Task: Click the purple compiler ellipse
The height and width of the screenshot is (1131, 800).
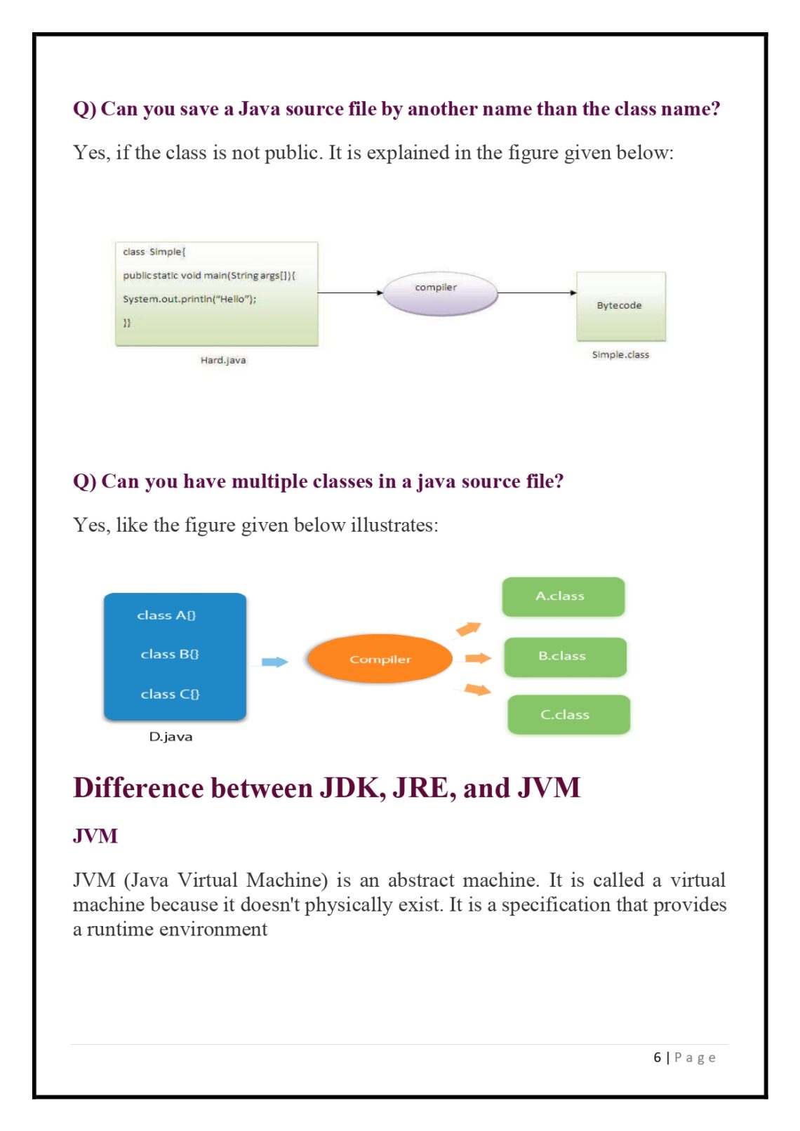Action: (440, 293)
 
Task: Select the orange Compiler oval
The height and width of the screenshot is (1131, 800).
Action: (380, 659)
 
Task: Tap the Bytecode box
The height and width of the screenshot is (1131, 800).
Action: (620, 306)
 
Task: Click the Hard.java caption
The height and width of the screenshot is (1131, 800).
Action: (223, 360)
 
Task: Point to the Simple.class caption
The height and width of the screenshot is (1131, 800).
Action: (620, 355)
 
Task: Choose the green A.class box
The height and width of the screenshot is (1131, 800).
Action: (563, 596)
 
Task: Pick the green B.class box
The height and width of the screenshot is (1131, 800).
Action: (565, 657)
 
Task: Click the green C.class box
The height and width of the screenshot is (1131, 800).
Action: (568, 714)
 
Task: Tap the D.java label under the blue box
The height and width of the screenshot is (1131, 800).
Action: (171, 737)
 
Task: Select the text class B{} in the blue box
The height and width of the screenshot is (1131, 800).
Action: (170, 654)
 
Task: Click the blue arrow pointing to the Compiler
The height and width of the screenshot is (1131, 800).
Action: (274, 662)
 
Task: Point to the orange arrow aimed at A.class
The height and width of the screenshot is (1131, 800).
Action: (468, 629)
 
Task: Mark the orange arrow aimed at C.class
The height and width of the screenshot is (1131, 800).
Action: (477, 690)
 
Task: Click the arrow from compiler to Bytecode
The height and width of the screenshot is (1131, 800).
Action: (537, 293)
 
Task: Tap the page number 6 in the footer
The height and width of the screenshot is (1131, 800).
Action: (657, 1057)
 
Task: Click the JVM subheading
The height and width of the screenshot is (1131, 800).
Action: (95, 836)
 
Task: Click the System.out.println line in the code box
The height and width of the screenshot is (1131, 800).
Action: (189, 300)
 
